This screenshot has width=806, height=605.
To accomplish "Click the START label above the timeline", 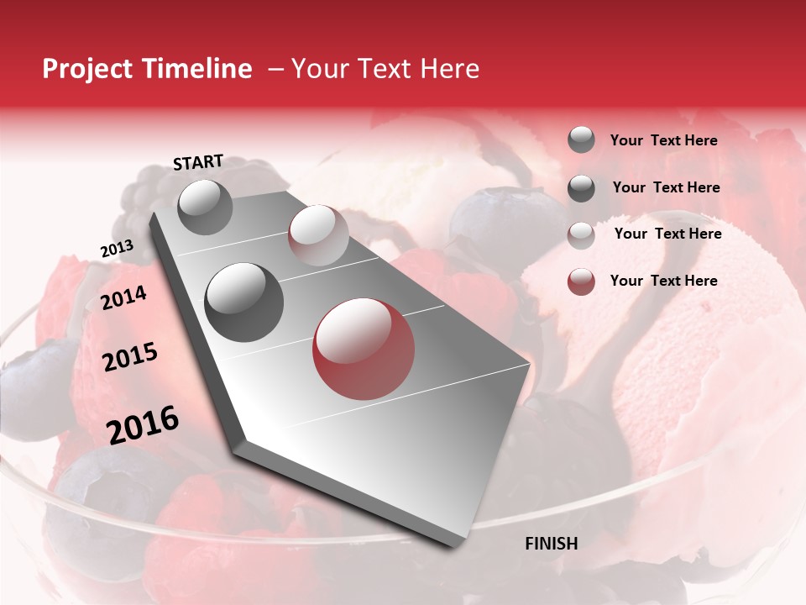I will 198,162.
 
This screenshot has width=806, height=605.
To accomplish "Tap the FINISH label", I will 551,544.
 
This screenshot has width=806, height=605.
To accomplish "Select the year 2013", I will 117,249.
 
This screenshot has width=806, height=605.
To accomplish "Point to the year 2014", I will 123,297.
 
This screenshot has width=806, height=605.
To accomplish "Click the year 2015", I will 129,358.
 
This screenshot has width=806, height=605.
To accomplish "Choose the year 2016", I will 142,425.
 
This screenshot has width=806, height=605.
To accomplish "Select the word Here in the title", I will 449,69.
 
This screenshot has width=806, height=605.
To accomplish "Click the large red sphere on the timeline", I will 364,349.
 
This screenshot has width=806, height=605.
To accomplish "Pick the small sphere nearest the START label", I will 205,207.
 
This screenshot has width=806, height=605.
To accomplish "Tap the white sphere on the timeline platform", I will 318,234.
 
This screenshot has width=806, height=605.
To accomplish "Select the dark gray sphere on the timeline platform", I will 244,302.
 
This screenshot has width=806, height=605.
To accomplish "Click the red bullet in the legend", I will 581,281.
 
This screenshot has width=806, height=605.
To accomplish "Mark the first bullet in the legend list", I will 581,139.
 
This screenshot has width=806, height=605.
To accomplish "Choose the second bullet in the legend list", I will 581,187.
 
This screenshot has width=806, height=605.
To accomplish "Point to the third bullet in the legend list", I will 581,234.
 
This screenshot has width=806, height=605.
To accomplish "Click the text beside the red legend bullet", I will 663,281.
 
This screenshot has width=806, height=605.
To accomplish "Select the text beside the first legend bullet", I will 663,140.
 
